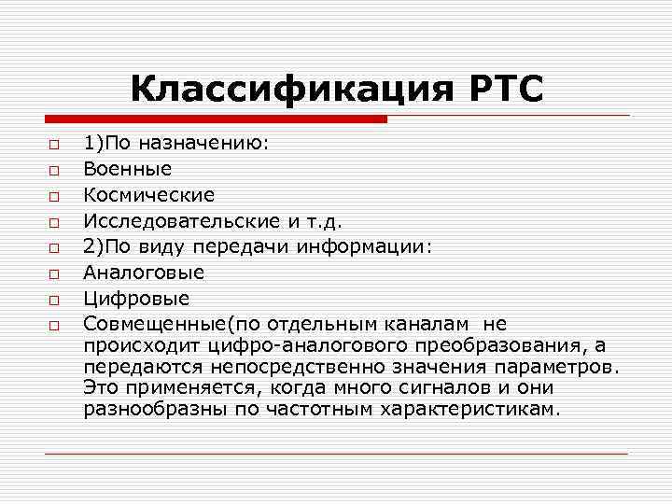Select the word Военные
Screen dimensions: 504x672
point(127,170)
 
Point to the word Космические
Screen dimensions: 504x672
point(148,196)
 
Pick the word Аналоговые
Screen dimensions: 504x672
point(144,273)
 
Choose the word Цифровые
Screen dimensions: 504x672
point(136,299)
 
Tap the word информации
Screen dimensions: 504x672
point(361,247)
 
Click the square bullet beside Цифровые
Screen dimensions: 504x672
point(55,301)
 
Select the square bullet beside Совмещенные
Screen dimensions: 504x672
point(55,326)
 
